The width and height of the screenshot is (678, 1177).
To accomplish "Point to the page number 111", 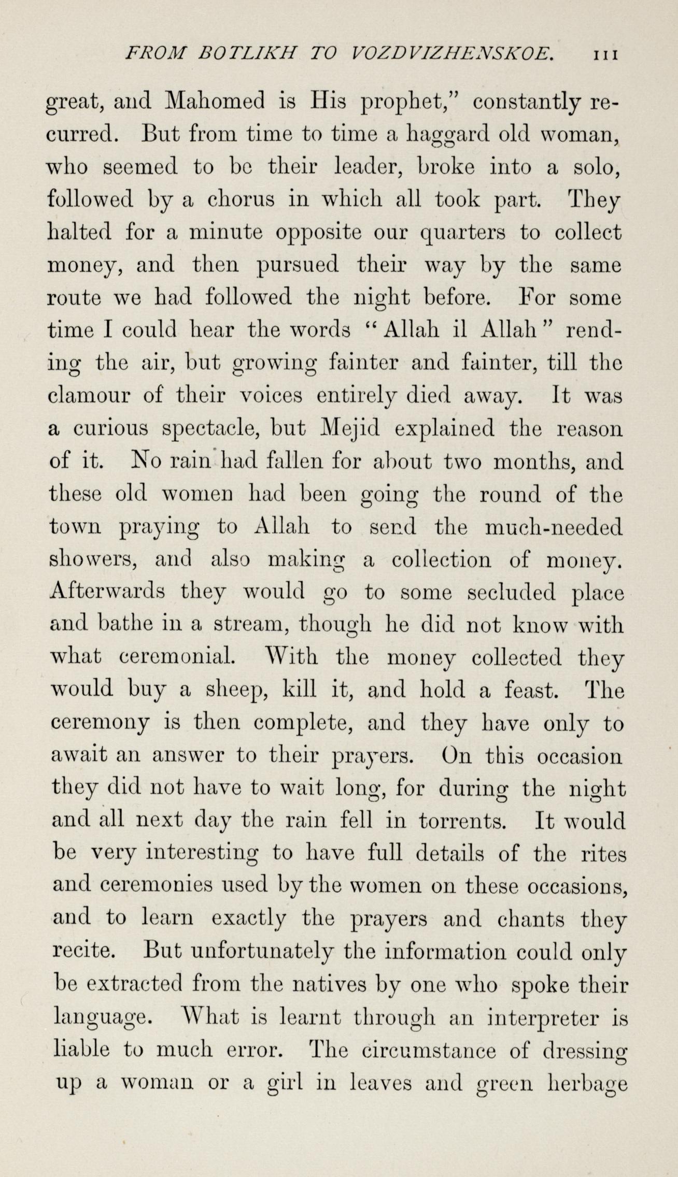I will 603,54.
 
